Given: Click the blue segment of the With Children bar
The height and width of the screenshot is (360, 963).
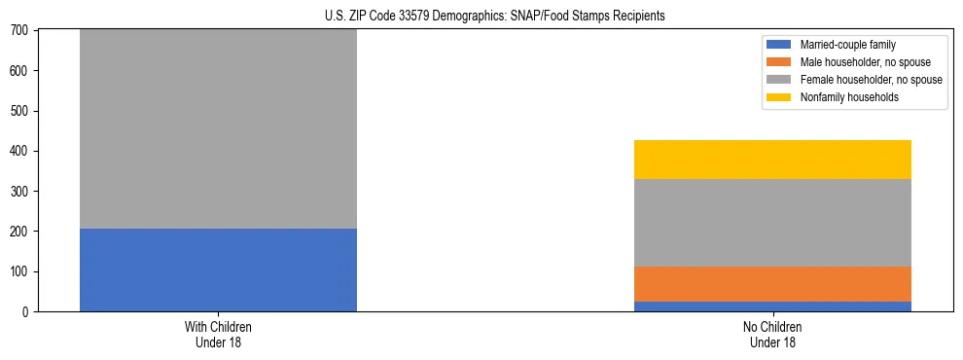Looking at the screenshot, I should coord(218,270).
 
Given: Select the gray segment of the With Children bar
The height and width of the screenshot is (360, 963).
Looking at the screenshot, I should coord(218,128).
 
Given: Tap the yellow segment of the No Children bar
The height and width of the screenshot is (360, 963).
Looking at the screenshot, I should coord(772,160).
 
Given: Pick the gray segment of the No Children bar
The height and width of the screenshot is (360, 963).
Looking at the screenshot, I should coord(772,223).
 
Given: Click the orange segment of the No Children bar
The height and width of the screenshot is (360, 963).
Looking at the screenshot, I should coord(772,284).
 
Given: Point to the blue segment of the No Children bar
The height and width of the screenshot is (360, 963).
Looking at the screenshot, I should coord(772,306).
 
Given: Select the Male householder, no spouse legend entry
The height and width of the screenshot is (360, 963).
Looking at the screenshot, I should coord(851,62).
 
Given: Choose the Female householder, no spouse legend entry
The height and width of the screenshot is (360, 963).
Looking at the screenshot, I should coord(856,80).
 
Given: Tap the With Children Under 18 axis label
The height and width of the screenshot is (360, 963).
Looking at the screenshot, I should coord(218,334).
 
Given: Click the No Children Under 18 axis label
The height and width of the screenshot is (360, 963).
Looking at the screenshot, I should coord(772,334).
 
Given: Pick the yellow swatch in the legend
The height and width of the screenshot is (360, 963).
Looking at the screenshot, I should coord(779,97).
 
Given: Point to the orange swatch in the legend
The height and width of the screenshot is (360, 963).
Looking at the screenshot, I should coord(779,62).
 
